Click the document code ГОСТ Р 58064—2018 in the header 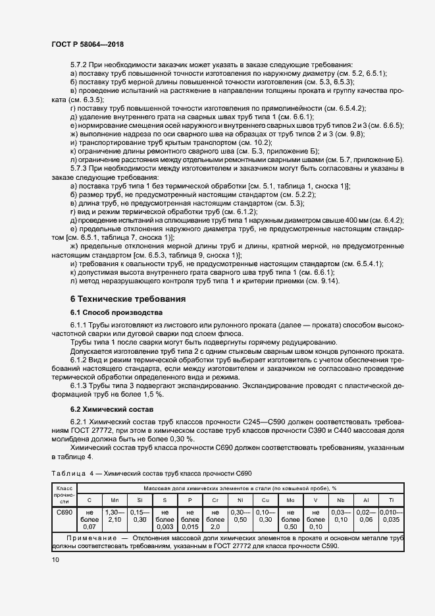coord(87,44)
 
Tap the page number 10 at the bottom coord(55,560)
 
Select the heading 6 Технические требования coord(128,298)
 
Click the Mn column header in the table coord(114,500)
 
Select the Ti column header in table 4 coord(393,500)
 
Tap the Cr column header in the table coord(215,500)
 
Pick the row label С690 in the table coord(64,512)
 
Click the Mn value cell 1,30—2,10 coord(114,516)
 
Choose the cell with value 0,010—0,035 coord(393,516)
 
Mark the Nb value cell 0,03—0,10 coord(340,516)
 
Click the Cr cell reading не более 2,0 coord(215,519)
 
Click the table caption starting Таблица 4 coord(151,474)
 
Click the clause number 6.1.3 coord(79,385)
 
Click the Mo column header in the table coord(290,500)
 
